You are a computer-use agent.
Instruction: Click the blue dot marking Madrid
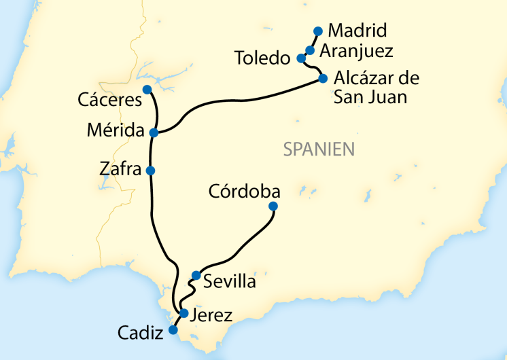(x=317, y=31)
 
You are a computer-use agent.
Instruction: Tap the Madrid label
(x=357, y=31)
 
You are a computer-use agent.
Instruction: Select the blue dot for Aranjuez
(x=310, y=50)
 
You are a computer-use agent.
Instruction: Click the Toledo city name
(x=262, y=58)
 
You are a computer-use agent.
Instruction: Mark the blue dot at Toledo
(x=301, y=58)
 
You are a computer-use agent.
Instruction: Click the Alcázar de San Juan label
(x=376, y=88)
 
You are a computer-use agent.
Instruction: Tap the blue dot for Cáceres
(x=147, y=90)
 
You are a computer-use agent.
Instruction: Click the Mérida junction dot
(x=154, y=132)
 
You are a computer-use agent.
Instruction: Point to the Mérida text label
(x=116, y=130)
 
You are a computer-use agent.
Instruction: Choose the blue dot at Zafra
(x=151, y=170)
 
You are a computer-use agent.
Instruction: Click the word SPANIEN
(x=319, y=149)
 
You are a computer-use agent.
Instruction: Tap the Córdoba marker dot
(x=273, y=206)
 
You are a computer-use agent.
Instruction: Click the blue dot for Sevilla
(x=196, y=275)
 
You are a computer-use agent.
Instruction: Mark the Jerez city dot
(x=183, y=313)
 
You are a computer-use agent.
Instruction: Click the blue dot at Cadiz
(x=173, y=330)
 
